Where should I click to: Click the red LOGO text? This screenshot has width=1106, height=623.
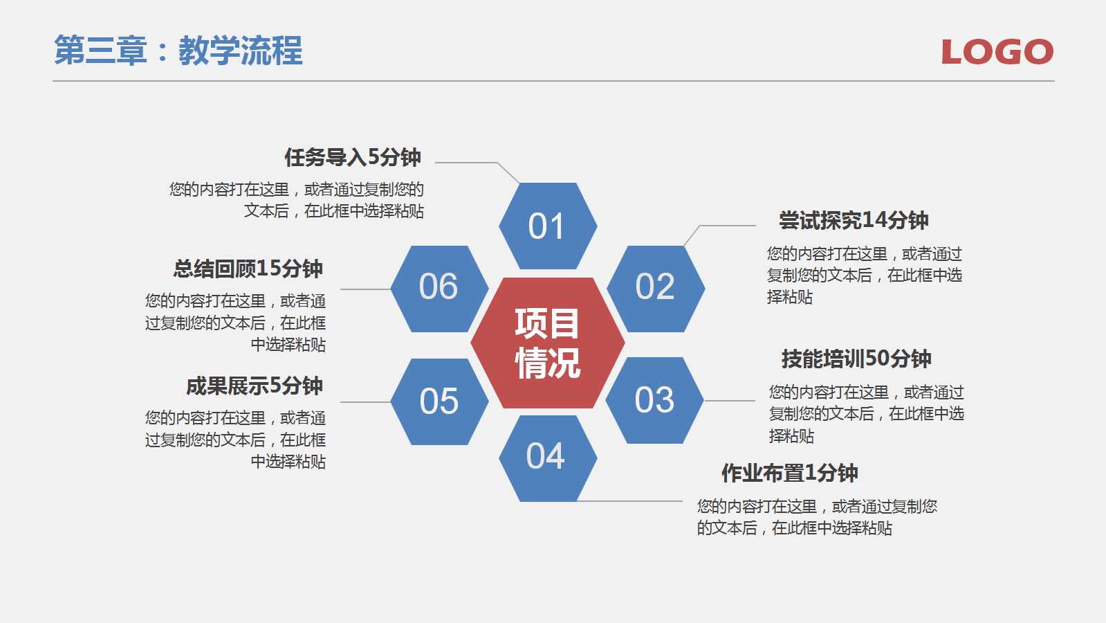pyautogui.click(x=997, y=52)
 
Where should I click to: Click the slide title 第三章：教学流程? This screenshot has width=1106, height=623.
pyautogui.click(x=178, y=51)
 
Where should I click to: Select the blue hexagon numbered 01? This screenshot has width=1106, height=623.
pyautogui.click(x=547, y=226)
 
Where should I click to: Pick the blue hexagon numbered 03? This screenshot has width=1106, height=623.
pyautogui.click(x=654, y=400)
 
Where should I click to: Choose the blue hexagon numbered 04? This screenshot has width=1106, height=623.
pyautogui.click(x=547, y=458)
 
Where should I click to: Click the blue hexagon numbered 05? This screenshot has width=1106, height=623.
pyautogui.click(x=439, y=401)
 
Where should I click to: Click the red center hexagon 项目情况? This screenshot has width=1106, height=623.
pyautogui.click(x=547, y=343)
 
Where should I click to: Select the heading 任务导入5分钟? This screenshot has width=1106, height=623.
pyautogui.click(x=353, y=157)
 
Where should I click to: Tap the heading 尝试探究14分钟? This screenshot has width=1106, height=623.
pyautogui.click(x=854, y=220)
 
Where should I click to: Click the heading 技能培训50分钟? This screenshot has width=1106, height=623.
pyautogui.click(x=856, y=359)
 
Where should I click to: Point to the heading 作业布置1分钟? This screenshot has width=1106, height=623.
pyautogui.click(x=789, y=473)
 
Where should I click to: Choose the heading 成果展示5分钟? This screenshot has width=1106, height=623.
pyautogui.click(x=255, y=386)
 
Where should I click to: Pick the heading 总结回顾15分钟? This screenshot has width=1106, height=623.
pyautogui.click(x=248, y=268)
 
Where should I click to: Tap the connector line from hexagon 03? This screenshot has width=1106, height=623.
pyautogui.click(x=729, y=401)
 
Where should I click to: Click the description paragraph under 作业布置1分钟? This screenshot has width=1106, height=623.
pyautogui.click(x=816, y=517)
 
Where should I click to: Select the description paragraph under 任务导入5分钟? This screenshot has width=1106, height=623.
pyautogui.click(x=297, y=200)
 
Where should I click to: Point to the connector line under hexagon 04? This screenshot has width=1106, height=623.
pyautogui.click(x=629, y=501)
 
